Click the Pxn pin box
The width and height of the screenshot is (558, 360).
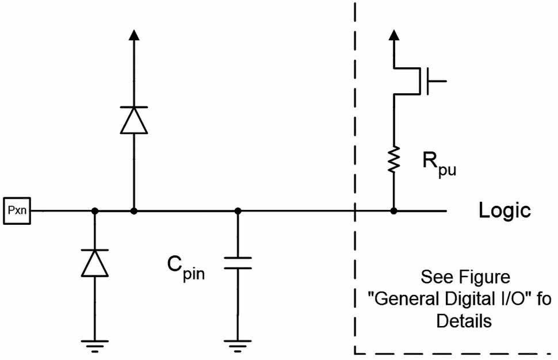17,211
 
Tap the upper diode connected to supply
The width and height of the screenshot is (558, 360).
133,120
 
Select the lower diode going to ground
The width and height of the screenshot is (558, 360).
95,263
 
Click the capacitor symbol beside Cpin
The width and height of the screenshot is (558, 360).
238,263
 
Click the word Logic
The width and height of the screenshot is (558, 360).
505,210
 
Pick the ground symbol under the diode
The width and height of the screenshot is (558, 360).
95,345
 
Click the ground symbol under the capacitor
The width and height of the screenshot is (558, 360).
238,345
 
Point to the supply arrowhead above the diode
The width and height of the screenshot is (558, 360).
133,36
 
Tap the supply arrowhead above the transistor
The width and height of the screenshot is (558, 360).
394,36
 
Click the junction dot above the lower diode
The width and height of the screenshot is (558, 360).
95,211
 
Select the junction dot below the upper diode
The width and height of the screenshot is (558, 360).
133,211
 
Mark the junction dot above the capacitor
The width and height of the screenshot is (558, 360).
238,211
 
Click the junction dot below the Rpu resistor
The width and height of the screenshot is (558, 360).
394,211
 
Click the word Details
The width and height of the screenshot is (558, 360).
464,321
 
